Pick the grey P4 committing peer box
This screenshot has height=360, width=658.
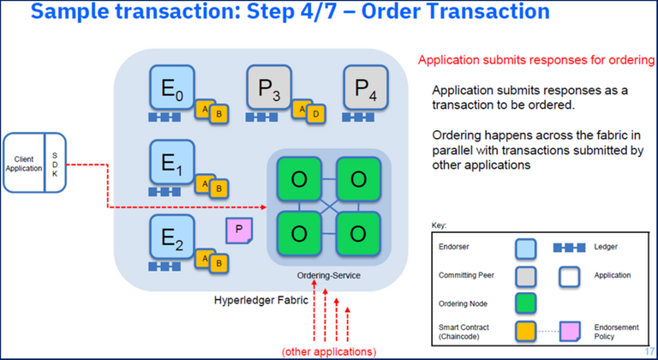(367, 87)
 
